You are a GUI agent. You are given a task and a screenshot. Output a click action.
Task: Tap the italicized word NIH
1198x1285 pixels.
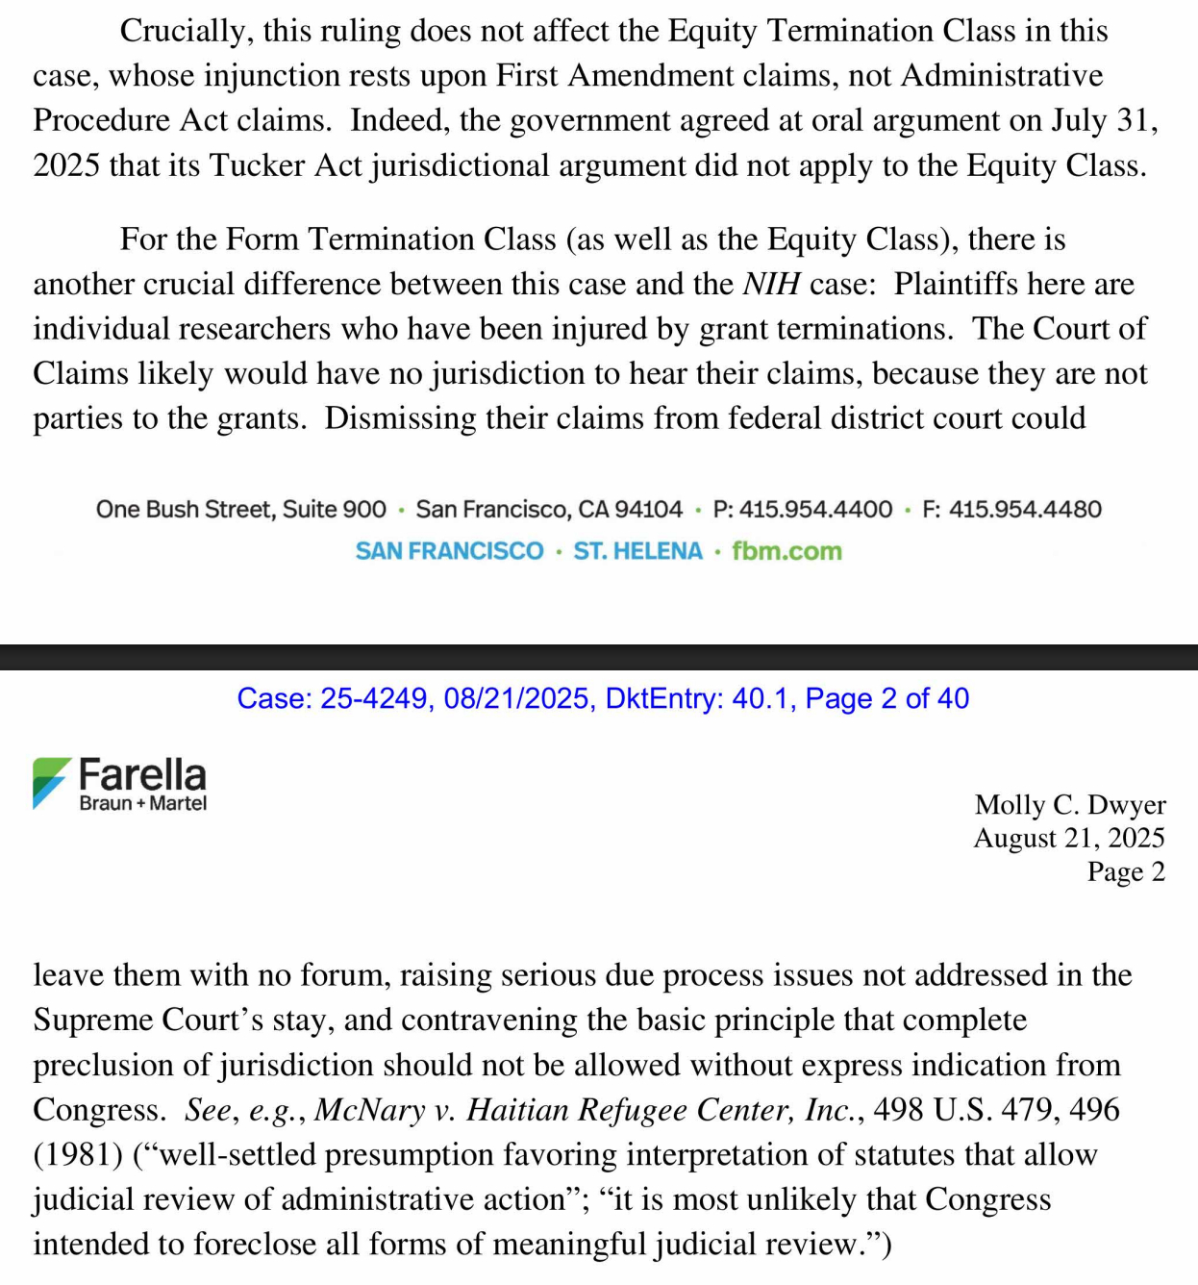pyautogui.click(x=772, y=284)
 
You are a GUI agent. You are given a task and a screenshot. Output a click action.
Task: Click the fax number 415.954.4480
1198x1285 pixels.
pyautogui.click(x=1025, y=509)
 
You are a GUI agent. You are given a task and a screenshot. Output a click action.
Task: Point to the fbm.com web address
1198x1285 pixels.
pyautogui.click(x=786, y=551)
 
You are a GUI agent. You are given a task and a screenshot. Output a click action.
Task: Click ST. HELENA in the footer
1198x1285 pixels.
pyautogui.click(x=637, y=551)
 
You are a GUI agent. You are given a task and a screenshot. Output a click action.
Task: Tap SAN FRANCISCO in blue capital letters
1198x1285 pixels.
pyautogui.click(x=449, y=551)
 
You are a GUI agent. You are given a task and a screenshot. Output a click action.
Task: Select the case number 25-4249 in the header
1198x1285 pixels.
pyautogui.click(x=373, y=698)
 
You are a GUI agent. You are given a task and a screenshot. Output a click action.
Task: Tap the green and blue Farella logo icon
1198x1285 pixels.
pyautogui.click(x=51, y=782)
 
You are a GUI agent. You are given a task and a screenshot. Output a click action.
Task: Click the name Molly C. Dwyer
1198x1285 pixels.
pyautogui.click(x=1069, y=804)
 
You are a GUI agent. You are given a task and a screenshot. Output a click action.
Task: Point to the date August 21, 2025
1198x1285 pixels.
pyautogui.click(x=1068, y=838)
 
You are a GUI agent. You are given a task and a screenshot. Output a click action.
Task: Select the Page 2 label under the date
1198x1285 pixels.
pyautogui.click(x=1125, y=871)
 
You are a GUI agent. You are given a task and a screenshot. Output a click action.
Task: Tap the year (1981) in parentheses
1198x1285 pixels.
pyautogui.click(x=78, y=1154)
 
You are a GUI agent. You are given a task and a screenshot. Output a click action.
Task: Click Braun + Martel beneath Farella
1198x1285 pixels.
pyautogui.click(x=143, y=803)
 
